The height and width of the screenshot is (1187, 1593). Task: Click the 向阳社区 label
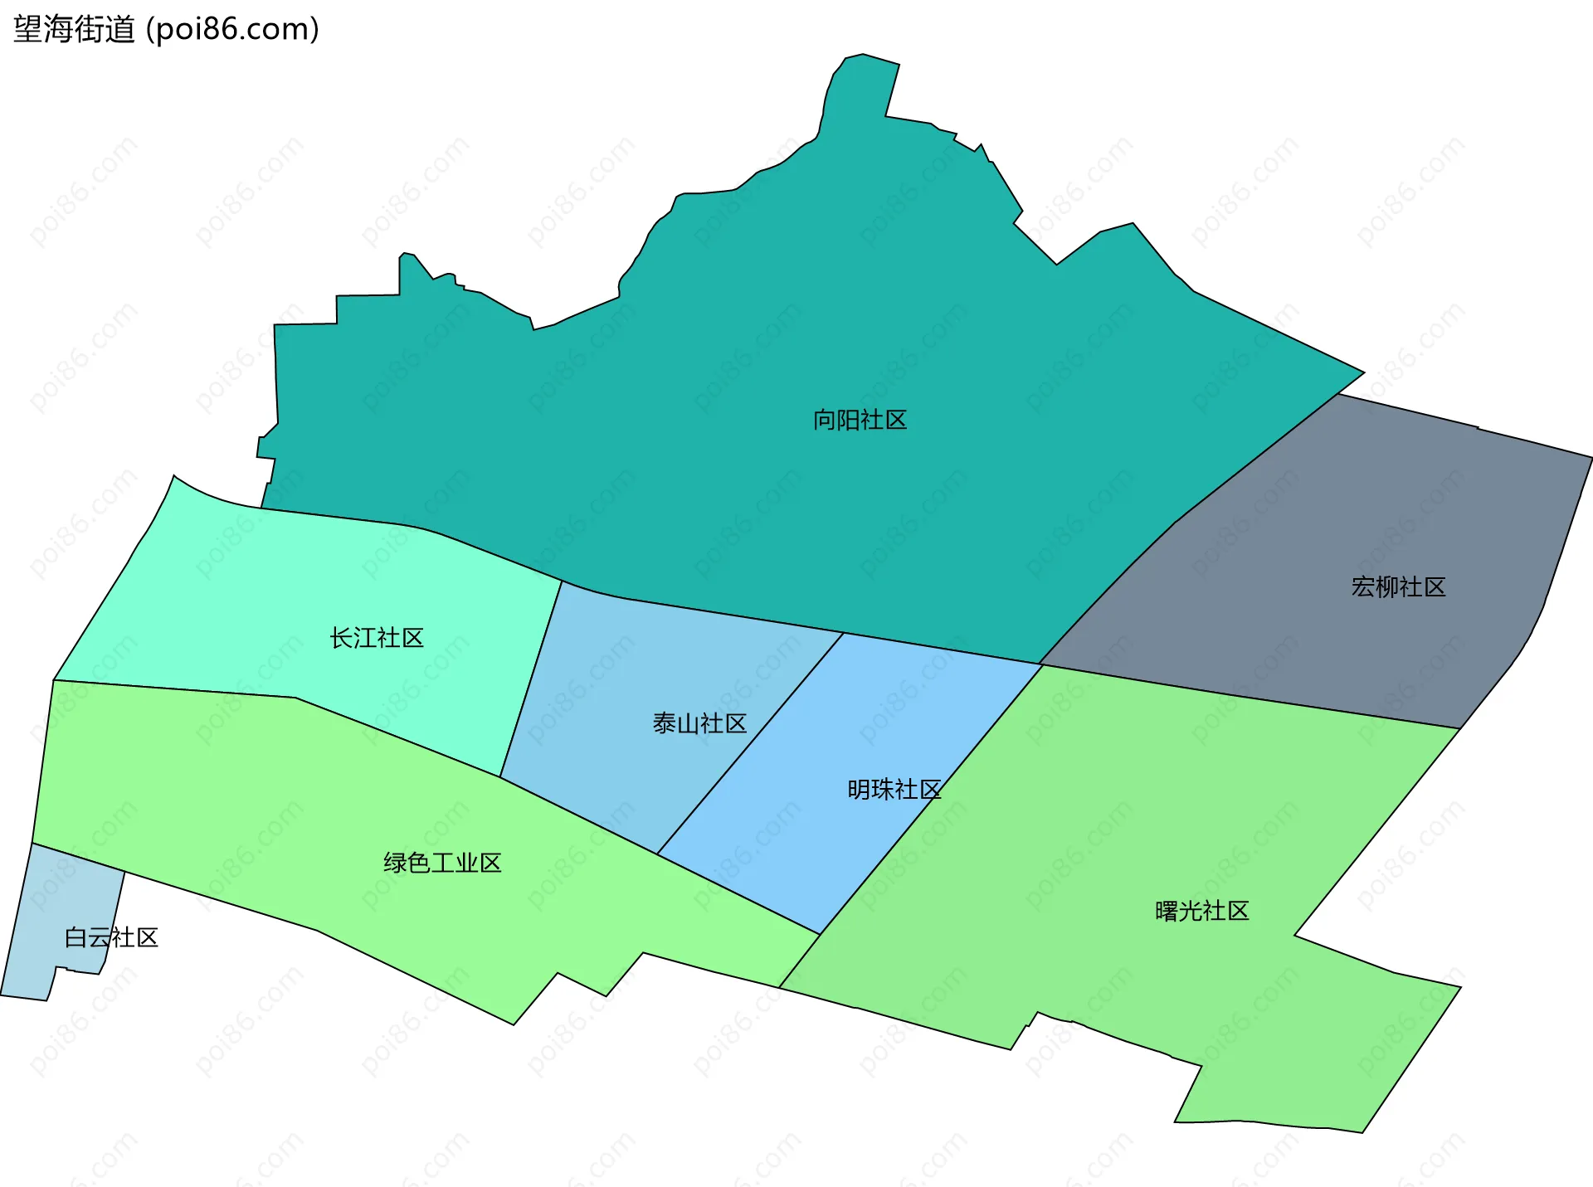point(860,421)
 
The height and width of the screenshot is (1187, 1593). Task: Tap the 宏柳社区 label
point(1398,587)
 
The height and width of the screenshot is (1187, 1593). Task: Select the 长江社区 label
point(377,638)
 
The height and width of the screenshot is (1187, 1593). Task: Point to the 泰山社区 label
point(699,724)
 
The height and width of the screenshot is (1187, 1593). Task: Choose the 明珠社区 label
point(894,790)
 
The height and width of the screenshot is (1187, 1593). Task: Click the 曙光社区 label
point(1201,912)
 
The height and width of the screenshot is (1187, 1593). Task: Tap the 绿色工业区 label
point(442,863)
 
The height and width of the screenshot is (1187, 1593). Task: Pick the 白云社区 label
point(111,938)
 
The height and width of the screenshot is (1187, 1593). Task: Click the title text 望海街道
point(74,30)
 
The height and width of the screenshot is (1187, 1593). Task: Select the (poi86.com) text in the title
point(232,30)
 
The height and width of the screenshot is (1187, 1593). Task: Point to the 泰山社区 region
point(631,664)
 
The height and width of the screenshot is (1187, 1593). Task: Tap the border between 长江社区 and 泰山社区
point(531,679)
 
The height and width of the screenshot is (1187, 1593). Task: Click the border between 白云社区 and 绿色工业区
point(79,858)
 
